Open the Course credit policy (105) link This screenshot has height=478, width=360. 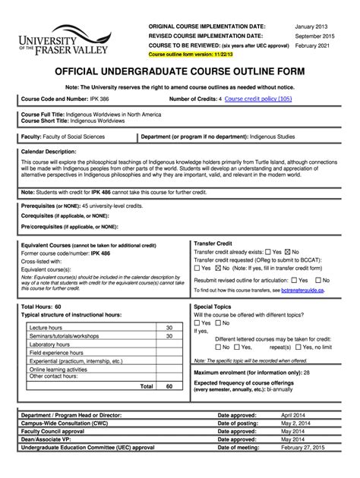click(x=258, y=99)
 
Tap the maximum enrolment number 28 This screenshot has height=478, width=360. click(x=306, y=373)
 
